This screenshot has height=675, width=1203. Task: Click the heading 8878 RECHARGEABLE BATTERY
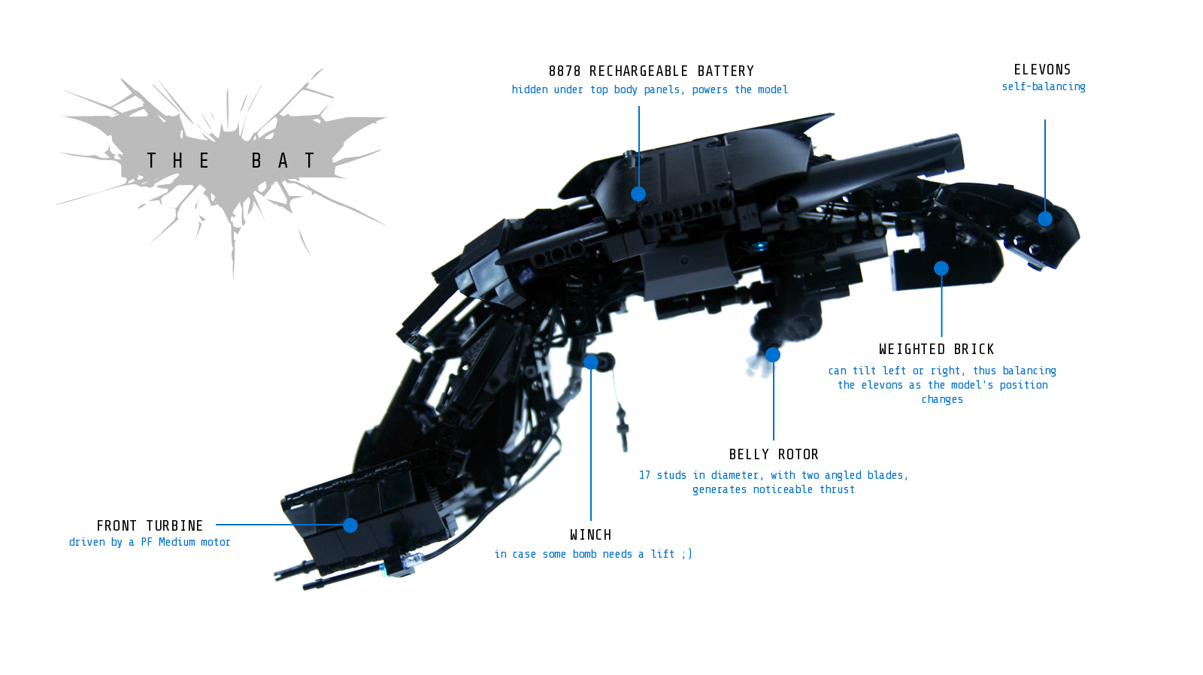651,71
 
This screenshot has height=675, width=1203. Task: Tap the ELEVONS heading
1042,70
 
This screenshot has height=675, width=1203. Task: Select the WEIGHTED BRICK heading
936,350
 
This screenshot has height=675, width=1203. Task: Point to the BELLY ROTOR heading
774,455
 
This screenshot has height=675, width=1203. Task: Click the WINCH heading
590,535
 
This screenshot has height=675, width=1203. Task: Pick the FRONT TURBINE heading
150,526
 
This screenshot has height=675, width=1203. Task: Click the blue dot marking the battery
638,194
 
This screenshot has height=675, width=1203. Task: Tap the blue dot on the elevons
1045,219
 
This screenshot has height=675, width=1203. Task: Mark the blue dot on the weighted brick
941,268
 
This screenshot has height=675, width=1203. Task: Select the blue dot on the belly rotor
773,355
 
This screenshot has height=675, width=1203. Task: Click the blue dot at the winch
591,362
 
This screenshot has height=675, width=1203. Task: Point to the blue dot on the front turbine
350,525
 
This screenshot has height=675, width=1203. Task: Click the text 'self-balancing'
1044,87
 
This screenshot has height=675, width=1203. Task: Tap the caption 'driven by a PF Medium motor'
150,543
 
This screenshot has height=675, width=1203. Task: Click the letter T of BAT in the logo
310,161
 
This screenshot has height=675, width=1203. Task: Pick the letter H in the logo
177,161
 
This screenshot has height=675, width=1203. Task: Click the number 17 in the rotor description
644,475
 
